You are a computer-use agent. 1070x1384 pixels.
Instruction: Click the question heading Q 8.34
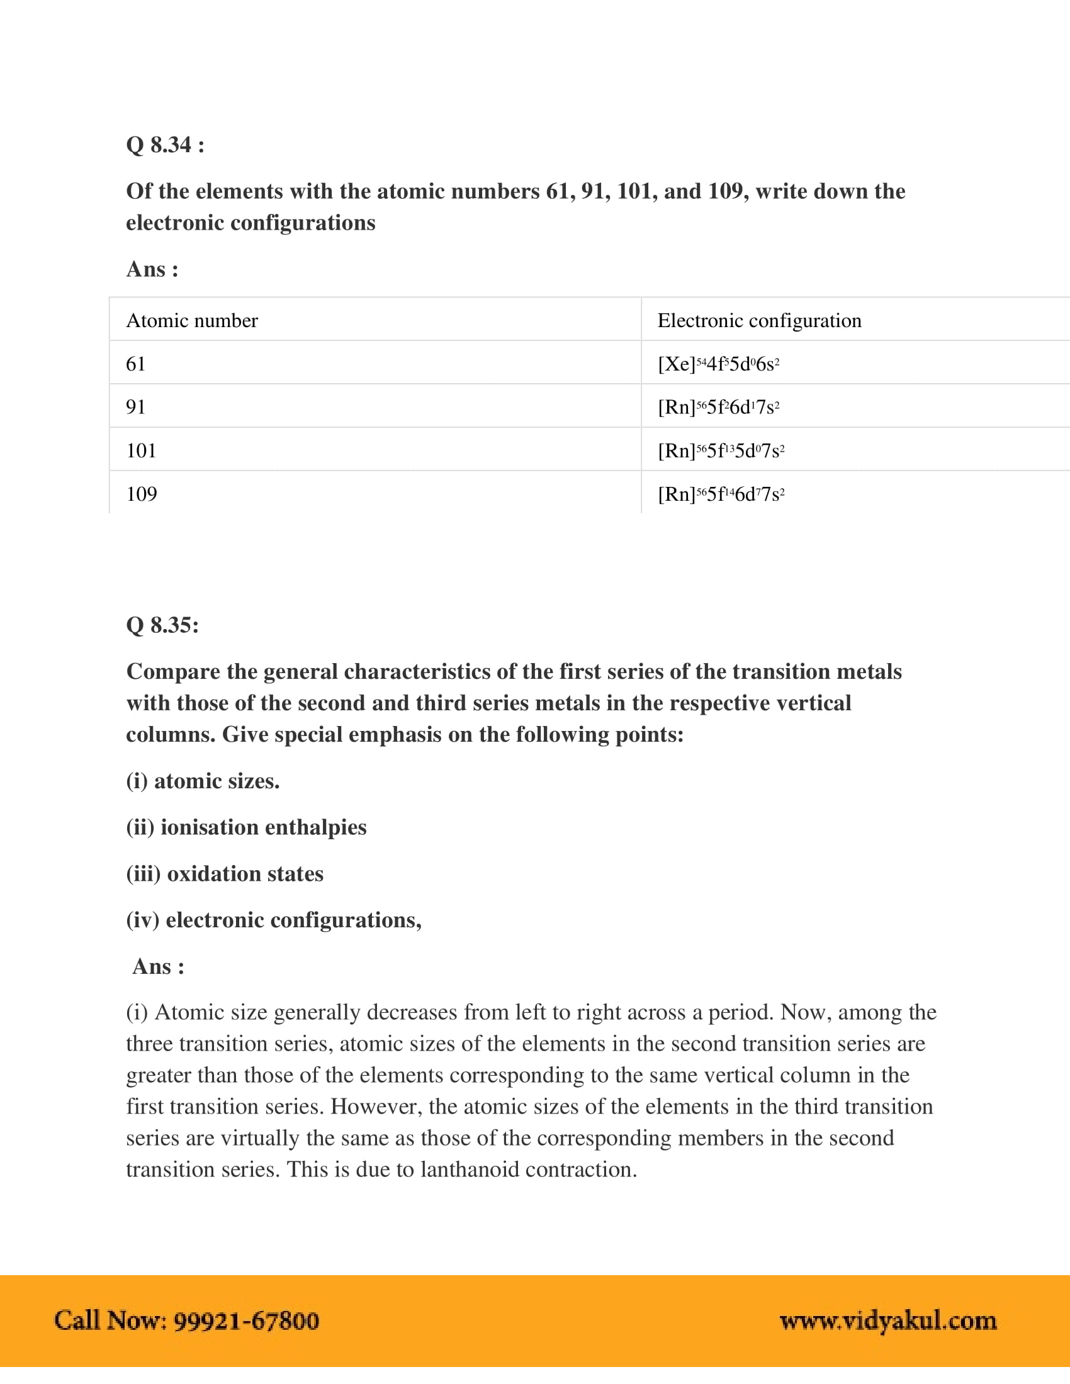(165, 145)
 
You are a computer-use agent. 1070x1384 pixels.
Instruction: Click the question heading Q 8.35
(162, 625)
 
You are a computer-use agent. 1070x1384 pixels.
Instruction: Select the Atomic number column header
(192, 321)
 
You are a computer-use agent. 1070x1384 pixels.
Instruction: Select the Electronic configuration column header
(760, 321)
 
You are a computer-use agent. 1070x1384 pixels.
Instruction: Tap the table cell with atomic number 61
(137, 364)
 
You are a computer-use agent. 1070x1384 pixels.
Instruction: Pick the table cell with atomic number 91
(137, 407)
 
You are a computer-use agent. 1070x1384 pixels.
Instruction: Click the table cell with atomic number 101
(142, 450)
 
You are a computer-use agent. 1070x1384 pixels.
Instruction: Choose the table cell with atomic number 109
(142, 494)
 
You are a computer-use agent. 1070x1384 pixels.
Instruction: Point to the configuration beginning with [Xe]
(718, 364)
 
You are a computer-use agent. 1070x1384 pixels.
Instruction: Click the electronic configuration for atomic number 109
(721, 494)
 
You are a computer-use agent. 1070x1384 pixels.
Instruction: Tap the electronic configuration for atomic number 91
(718, 407)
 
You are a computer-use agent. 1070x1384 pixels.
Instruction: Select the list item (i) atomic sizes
(203, 781)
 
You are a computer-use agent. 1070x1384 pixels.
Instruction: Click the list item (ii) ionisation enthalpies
(246, 827)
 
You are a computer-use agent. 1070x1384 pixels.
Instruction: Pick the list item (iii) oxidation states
(225, 874)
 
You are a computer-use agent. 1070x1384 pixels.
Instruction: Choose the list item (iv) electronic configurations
(274, 920)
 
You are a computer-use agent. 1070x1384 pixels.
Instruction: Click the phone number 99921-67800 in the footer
(246, 1321)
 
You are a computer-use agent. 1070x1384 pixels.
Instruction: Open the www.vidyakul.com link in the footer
(888, 1321)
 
